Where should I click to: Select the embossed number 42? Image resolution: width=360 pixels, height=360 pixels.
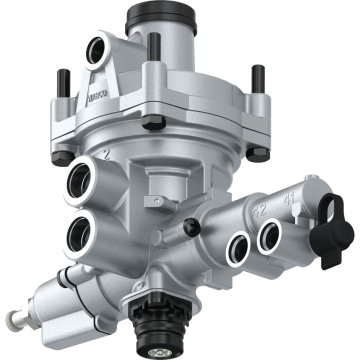point(258,210)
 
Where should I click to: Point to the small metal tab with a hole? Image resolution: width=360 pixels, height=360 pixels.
point(156,201)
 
